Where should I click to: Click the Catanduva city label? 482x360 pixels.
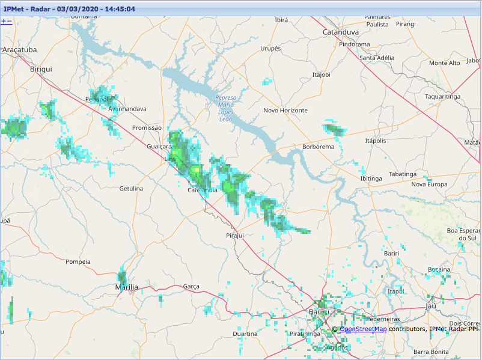340,31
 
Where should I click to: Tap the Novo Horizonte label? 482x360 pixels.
285,111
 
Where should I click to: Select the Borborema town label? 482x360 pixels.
318,147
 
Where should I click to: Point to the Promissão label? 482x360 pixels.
147,128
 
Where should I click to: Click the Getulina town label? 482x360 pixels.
131,189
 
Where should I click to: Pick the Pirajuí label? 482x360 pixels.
234,236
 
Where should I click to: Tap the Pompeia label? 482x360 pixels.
78,262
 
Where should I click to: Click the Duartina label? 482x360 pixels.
245,334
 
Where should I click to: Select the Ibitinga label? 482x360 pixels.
371,178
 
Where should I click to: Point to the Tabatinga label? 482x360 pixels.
402,174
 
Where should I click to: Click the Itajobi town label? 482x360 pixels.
322,75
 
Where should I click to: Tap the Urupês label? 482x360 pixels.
270,48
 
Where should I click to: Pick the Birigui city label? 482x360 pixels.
41,69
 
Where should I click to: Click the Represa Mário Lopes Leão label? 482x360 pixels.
225,108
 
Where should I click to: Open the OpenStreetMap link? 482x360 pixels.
363,329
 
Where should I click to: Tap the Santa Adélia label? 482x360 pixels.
376,58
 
